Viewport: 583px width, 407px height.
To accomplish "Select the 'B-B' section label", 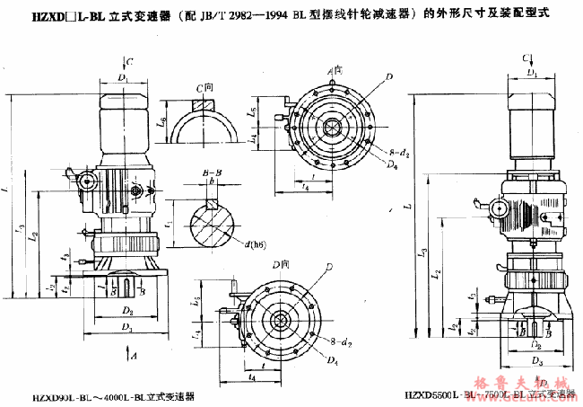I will pos(212,171).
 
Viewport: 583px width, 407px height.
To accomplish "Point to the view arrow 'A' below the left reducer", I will pos(133,357).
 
